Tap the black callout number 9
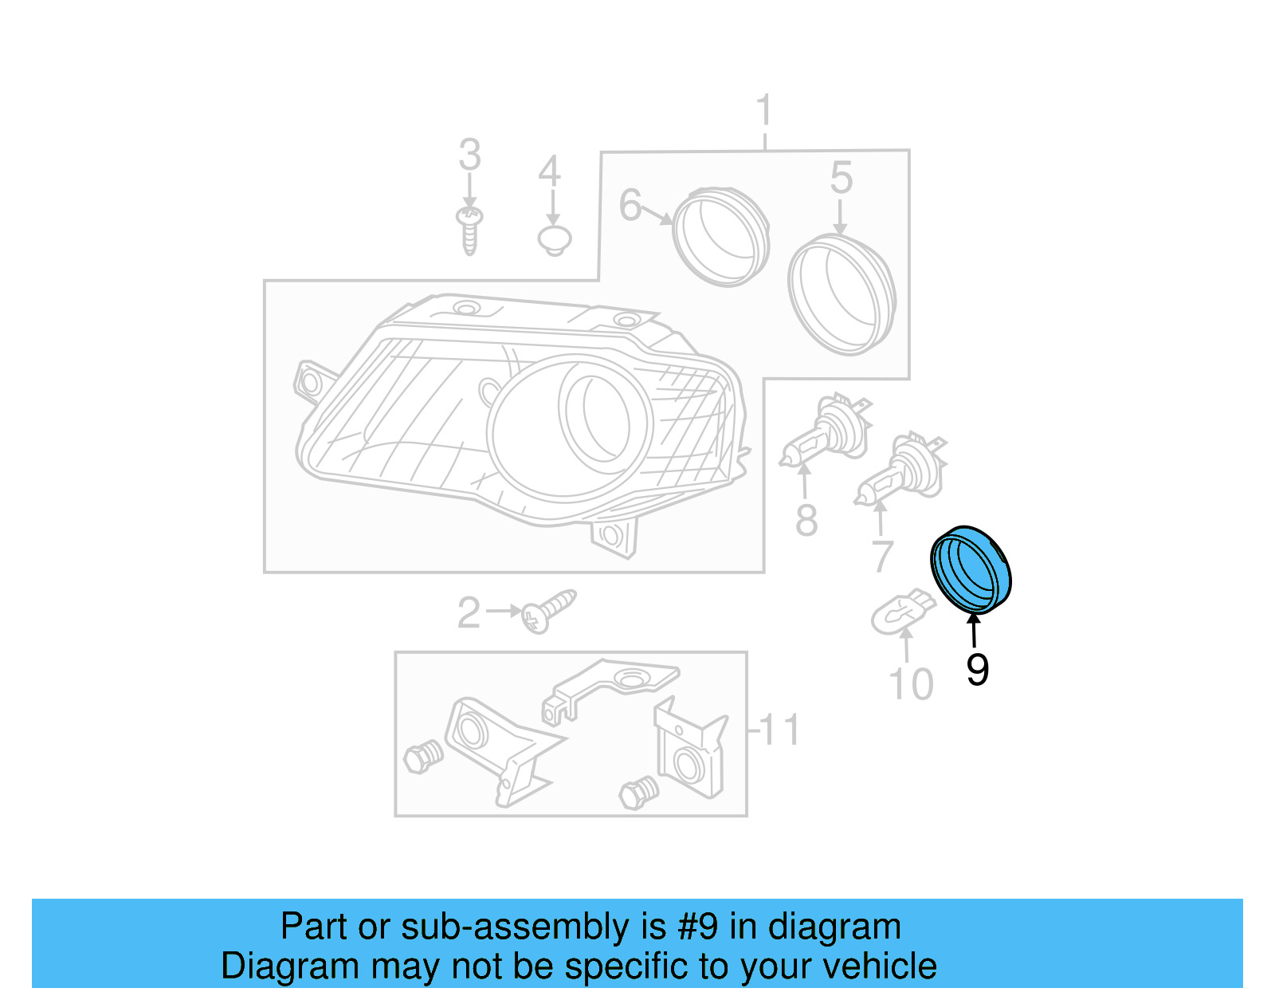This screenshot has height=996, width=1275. (x=977, y=669)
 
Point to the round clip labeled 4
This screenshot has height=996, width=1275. (x=555, y=239)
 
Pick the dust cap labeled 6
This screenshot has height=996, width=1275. (x=720, y=236)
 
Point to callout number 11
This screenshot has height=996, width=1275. (x=779, y=729)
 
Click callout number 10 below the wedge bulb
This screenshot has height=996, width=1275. (x=910, y=684)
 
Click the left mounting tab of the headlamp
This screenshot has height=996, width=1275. (x=310, y=382)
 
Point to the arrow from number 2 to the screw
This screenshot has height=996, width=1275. (x=504, y=611)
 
